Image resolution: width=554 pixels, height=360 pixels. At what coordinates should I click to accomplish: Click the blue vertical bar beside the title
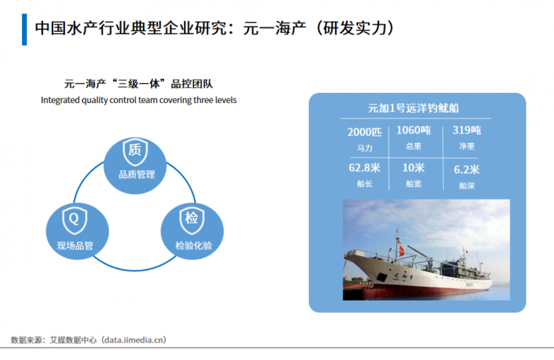25,28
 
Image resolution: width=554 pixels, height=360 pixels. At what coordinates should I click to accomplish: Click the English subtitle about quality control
138,100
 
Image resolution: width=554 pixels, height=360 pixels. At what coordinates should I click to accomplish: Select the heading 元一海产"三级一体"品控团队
138,84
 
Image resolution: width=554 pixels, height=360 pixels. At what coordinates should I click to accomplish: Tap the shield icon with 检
192,219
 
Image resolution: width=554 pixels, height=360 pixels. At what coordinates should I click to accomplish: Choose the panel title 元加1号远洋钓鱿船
414,109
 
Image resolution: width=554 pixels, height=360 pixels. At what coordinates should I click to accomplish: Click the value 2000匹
364,132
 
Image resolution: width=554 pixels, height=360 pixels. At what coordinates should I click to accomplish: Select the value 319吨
466,130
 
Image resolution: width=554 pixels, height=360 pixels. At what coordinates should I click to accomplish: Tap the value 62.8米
364,168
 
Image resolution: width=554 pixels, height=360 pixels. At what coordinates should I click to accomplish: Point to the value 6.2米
466,169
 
